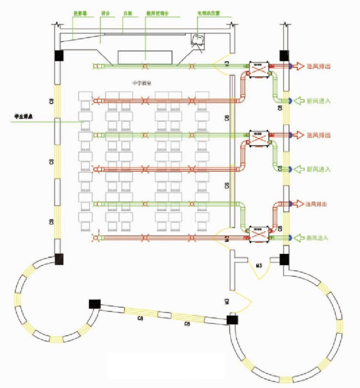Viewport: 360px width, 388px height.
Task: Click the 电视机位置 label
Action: pyautogui.click(x=209, y=13)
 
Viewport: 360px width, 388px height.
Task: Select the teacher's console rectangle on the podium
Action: pyautogui.click(x=145, y=57)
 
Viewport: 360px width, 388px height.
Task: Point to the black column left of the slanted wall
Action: pyautogui.click(x=95, y=304)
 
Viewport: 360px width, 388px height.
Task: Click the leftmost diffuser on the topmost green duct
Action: pyautogui.click(x=96, y=66)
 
